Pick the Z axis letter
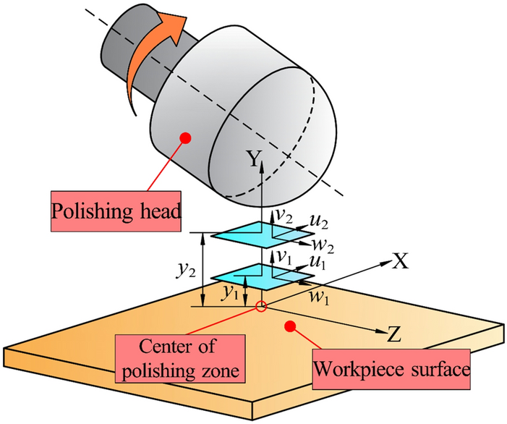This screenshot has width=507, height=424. [x=394, y=334]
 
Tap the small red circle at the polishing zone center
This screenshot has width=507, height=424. [x=262, y=307]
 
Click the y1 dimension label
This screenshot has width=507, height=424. [x=230, y=293]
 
